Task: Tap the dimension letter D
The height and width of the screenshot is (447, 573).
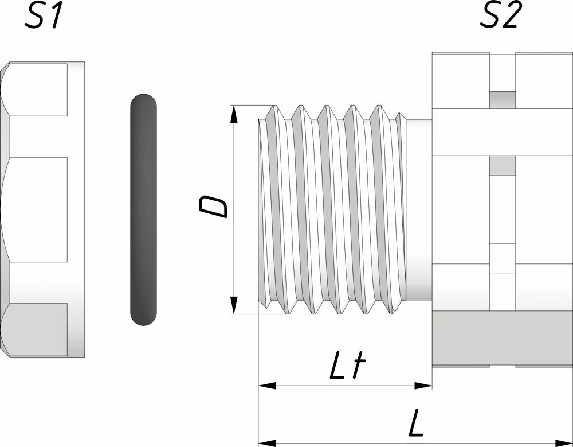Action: pos(213,207)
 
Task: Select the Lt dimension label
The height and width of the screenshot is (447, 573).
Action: pos(348,366)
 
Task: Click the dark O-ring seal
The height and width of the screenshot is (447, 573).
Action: pos(144,209)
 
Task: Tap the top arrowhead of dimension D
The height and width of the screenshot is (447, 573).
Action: pos(234,114)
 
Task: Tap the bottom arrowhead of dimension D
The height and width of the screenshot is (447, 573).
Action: pos(234,305)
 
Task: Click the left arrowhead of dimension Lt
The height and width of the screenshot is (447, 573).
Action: pos(267,386)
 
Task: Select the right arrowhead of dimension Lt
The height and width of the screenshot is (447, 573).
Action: pos(423,386)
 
